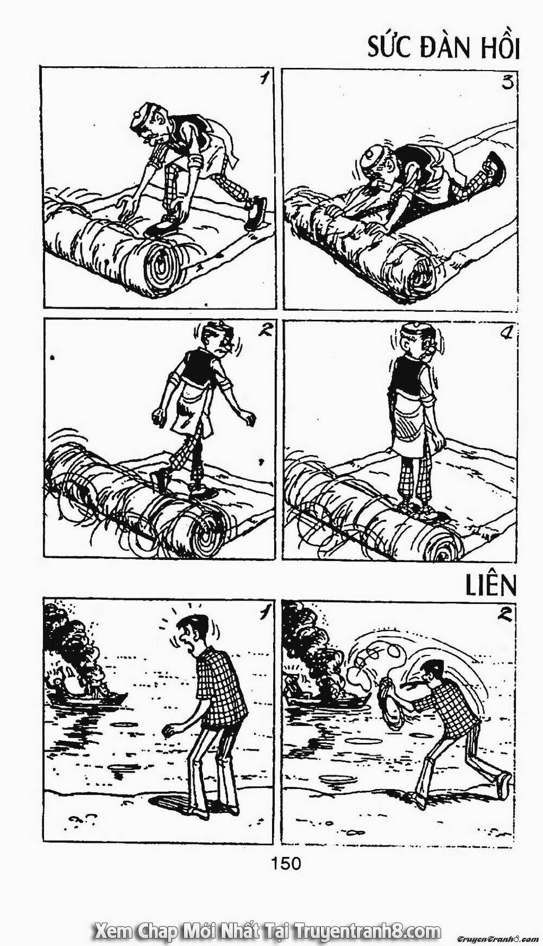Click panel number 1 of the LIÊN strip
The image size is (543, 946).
264,613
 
